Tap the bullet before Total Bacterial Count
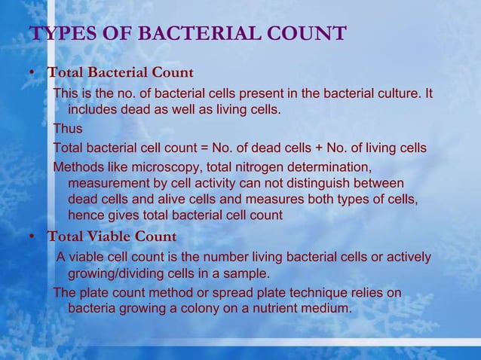pyautogui.click(x=32, y=73)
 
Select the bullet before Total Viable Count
pyautogui.click(x=32, y=236)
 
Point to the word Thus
pyautogui.click(x=68, y=129)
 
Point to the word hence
pyautogui.click(x=86, y=216)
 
